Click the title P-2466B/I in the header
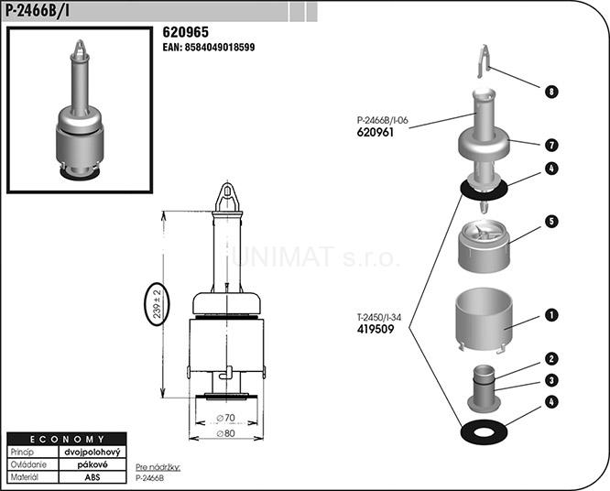[x=37, y=10]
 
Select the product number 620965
[x=186, y=32]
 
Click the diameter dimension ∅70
[x=226, y=418]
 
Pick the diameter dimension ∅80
[x=226, y=433]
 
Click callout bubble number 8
[x=551, y=92]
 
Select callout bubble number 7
[x=551, y=145]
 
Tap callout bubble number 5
[x=551, y=222]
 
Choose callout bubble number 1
[x=551, y=315]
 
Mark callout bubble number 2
[x=551, y=359]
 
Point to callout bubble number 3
[x=551, y=380]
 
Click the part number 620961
[x=376, y=132]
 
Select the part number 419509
[x=376, y=329]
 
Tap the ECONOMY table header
[x=67, y=439]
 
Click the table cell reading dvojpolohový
[x=93, y=452]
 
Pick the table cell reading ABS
[x=93, y=477]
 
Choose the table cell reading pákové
[x=93, y=464]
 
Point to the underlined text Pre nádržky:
[x=158, y=467]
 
